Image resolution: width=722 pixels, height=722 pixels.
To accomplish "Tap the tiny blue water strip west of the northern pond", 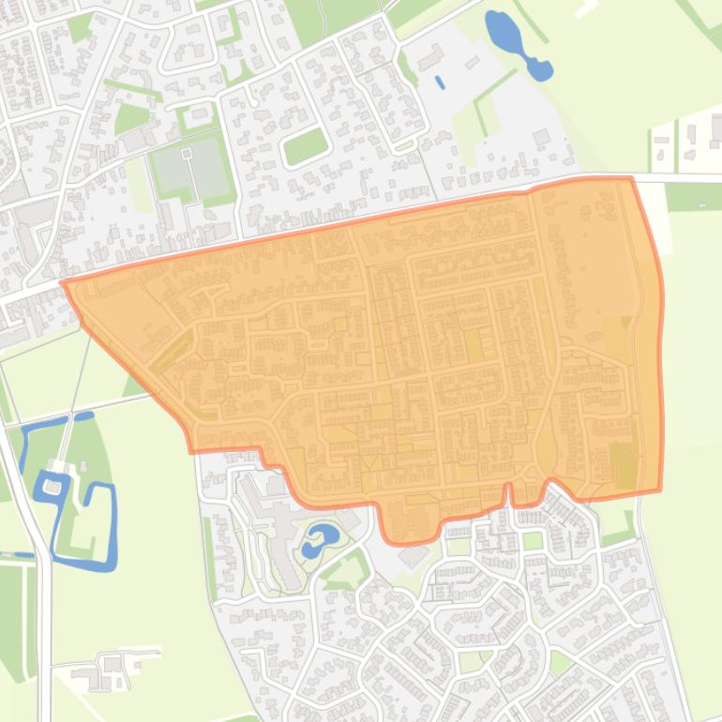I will click(440, 82).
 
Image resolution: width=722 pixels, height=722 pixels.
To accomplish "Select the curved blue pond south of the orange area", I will click(320, 539).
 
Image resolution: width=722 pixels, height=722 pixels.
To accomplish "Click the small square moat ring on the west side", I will click(53, 487).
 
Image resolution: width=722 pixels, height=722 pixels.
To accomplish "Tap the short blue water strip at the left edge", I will click(16, 555).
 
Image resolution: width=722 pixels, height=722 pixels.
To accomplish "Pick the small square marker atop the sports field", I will click(186, 152).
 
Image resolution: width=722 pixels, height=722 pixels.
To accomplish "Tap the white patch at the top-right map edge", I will click(585, 8).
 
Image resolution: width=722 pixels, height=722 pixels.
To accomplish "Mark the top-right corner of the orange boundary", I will click(631, 178).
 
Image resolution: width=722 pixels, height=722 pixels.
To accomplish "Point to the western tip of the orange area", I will click(63, 282).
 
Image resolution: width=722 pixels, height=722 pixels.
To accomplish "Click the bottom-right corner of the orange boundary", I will click(659, 489).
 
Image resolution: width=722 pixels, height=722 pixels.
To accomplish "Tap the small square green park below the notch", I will click(532, 541).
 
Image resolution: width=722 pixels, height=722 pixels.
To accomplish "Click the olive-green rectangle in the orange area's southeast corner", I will click(622, 464).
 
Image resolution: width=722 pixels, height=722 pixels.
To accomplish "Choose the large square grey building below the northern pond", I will click(541, 138).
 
